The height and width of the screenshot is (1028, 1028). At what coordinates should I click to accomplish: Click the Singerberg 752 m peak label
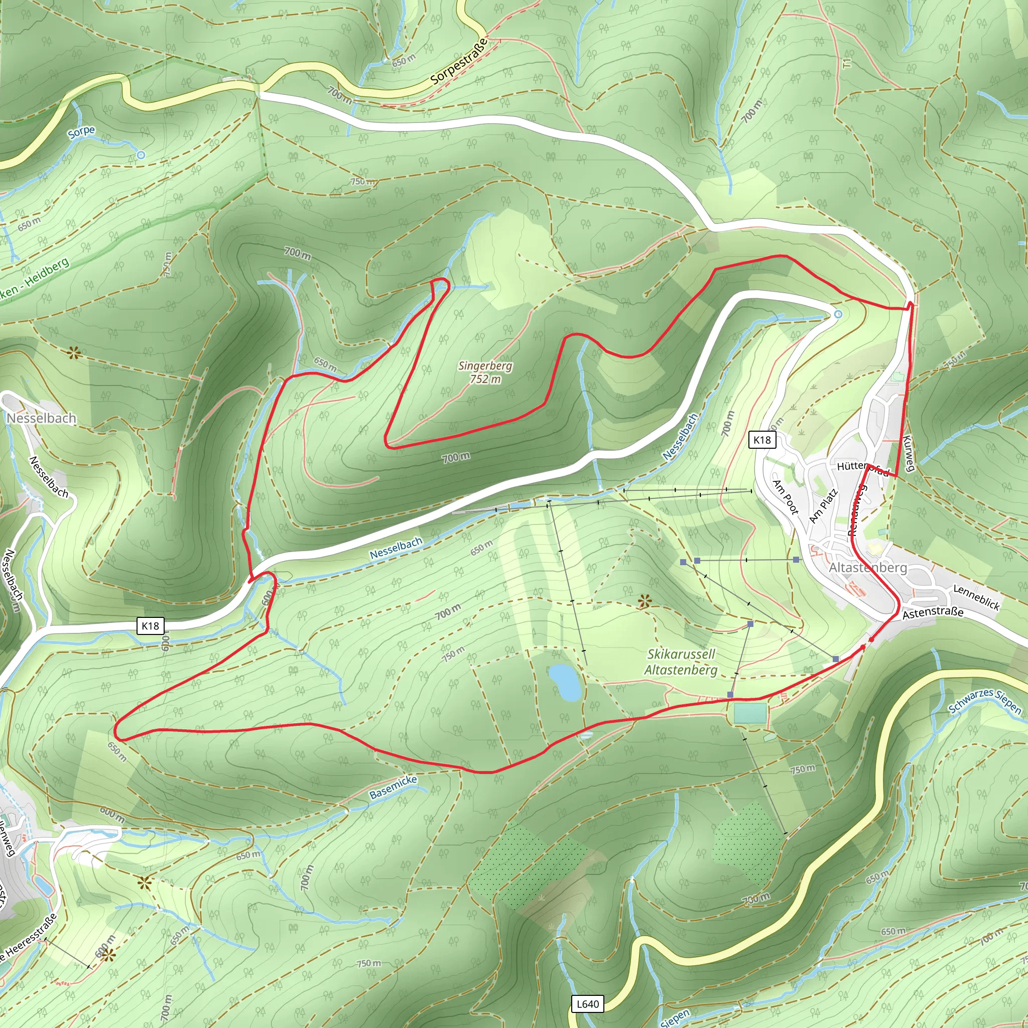pyautogui.click(x=485, y=372)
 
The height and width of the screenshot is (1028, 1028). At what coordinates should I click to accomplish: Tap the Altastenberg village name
pyautogui.click(x=867, y=568)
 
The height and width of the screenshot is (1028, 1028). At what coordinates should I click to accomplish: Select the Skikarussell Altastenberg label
pyautogui.click(x=681, y=662)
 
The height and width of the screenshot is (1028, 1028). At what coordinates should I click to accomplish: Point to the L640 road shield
pyautogui.click(x=587, y=1003)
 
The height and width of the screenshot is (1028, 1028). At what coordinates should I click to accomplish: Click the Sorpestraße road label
pyautogui.click(x=459, y=61)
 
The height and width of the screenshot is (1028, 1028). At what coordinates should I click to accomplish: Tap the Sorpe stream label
pyautogui.click(x=81, y=132)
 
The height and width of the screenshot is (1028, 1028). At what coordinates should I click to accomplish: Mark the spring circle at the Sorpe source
pyautogui.click(x=141, y=155)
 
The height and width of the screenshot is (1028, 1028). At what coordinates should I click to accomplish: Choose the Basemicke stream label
pyautogui.click(x=393, y=787)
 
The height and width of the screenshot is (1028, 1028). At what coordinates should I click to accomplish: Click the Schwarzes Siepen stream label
pyautogui.click(x=985, y=701)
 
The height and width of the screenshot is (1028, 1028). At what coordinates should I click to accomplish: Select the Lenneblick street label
pyautogui.click(x=976, y=597)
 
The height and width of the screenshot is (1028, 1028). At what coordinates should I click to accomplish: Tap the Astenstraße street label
pyautogui.click(x=933, y=612)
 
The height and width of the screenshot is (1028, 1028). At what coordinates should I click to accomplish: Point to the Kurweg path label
pyautogui.click(x=909, y=453)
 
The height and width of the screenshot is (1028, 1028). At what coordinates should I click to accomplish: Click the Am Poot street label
pyautogui.click(x=786, y=497)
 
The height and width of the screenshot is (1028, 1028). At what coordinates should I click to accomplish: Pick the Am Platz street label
pyautogui.click(x=823, y=505)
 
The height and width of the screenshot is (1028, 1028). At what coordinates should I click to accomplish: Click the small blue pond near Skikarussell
pyautogui.click(x=565, y=682)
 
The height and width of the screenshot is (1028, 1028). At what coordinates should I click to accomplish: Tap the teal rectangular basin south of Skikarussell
pyautogui.click(x=750, y=713)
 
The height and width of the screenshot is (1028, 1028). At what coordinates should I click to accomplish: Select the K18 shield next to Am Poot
pyautogui.click(x=762, y=440)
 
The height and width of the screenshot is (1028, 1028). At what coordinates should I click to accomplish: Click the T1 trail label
pyautogui.click(x=847, y=63)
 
